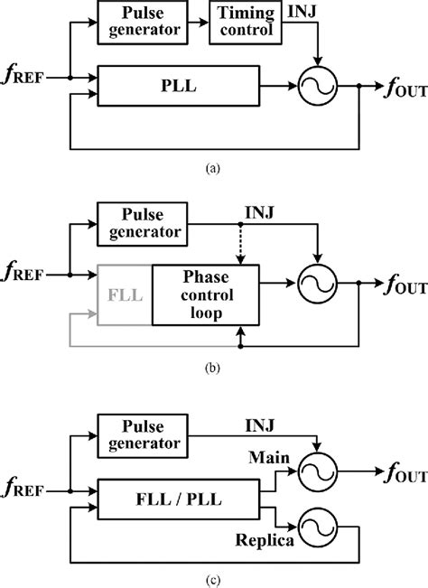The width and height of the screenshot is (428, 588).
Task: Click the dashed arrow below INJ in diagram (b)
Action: (x=239, y=245)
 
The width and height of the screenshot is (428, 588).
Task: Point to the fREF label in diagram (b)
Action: (x=28, y=270)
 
